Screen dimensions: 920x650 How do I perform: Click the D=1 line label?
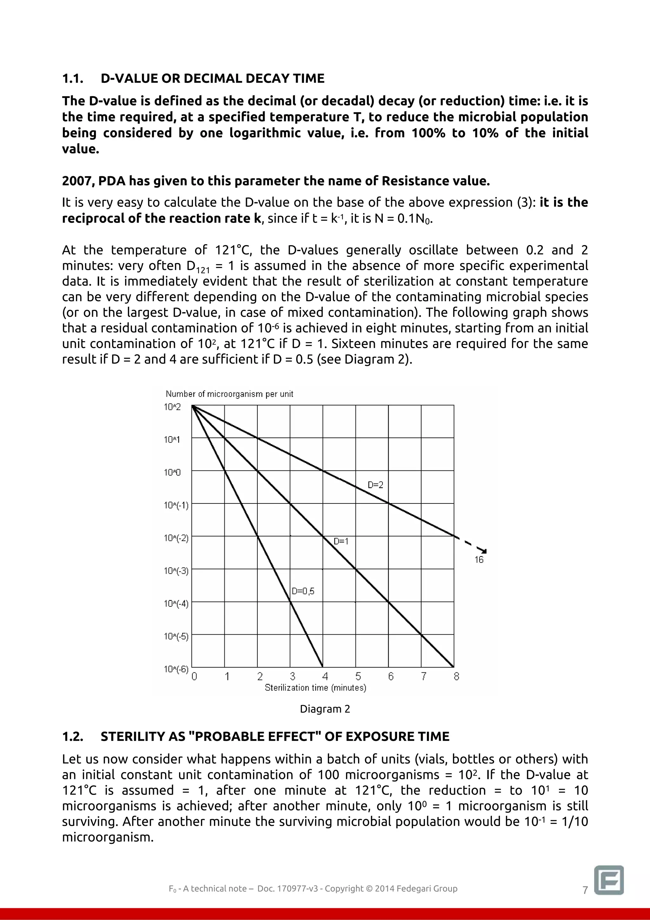[341, 541]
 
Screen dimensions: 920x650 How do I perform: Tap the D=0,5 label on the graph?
[303, 591]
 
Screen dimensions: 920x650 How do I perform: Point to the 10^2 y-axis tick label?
[172, 407]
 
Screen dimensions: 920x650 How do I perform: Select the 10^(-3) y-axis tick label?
[176, 570]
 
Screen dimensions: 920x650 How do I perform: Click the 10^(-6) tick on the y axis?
[176, 669]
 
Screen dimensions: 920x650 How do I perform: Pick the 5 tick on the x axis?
[358, 677]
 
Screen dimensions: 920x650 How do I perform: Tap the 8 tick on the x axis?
[456, 677]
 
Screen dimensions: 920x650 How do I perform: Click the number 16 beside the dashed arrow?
[479, 560]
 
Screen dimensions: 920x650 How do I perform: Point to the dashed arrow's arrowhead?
[484, 552]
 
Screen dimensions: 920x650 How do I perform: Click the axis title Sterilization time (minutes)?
[315, 688]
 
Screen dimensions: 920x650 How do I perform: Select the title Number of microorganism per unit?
[229, 394]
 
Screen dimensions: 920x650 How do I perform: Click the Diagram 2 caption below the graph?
[325, 709]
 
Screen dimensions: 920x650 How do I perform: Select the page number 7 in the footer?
[585, 890]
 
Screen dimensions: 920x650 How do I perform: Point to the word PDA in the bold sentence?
[112, 181]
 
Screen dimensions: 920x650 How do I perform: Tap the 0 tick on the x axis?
[194, 677]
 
